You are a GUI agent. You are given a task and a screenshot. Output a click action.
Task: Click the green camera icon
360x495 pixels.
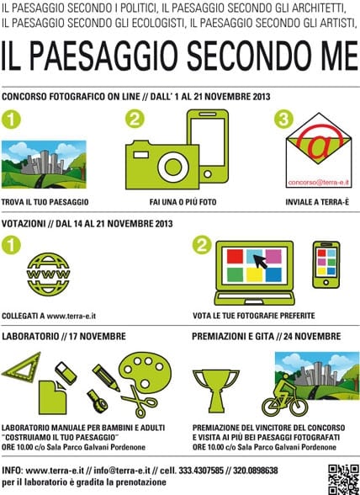point(162,167)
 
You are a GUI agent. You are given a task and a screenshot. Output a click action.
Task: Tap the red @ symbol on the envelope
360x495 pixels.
point(319,143)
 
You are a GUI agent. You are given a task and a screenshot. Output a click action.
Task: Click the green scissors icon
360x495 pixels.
point(140,402)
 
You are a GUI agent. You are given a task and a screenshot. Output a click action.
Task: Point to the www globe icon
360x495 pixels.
point(48,274)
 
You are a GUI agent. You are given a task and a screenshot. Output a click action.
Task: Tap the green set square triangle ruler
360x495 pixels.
point(22,367)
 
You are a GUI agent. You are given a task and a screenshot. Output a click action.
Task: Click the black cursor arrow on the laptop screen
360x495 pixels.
point(261,261)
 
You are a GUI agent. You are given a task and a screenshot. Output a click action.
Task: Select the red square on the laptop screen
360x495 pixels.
point(235,256)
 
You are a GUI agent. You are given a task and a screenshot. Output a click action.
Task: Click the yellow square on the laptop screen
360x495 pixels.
point(254,274)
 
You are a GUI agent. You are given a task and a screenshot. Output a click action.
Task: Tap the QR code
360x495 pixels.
point(343,479)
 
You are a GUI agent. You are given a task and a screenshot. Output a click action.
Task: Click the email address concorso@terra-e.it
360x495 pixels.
point(319,183)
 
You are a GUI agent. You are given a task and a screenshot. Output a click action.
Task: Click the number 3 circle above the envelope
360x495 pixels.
point(283,119)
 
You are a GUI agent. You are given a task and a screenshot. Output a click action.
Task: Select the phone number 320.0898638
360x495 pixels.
point(255,471)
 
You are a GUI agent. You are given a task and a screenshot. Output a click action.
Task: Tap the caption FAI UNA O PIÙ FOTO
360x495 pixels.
point(183,202)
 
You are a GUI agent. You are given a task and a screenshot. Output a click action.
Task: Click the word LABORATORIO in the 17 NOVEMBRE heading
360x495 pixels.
point(30,336)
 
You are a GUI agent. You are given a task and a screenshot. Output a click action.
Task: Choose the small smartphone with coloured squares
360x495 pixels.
point(326,265)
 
